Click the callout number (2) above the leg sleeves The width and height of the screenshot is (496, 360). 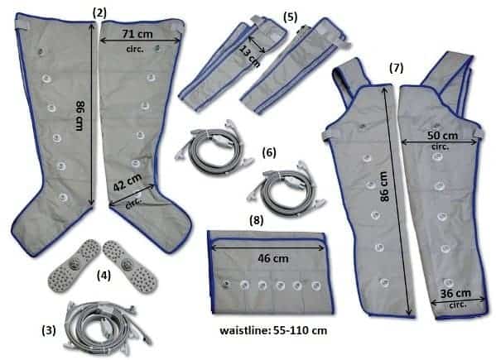(99, 13)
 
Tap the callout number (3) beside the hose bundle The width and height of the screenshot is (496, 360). (49, 330)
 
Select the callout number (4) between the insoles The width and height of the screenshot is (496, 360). (104, 276)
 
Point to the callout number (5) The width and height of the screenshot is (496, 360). (291, 17)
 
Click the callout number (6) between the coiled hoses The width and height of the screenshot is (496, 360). (269, 152)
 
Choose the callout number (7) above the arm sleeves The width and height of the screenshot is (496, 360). (397, 68)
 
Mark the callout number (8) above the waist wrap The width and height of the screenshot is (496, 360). (257, 220)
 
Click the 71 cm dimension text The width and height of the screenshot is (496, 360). (137, 33)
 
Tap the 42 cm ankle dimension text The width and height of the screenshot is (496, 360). (128, 182)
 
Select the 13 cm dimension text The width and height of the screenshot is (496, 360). (250, 56)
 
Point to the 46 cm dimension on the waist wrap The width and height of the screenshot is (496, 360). (273, 258)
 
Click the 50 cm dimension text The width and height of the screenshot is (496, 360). (442, 136)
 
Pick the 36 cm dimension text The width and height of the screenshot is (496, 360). (455, 293)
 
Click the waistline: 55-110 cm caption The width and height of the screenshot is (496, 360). (273, 330)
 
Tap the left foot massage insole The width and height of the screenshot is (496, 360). (75, 266)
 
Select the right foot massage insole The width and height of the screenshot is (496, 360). (130, 266)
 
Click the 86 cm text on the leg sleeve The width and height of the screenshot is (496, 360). (79, 115)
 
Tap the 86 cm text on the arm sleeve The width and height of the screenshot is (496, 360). (383, 186)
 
